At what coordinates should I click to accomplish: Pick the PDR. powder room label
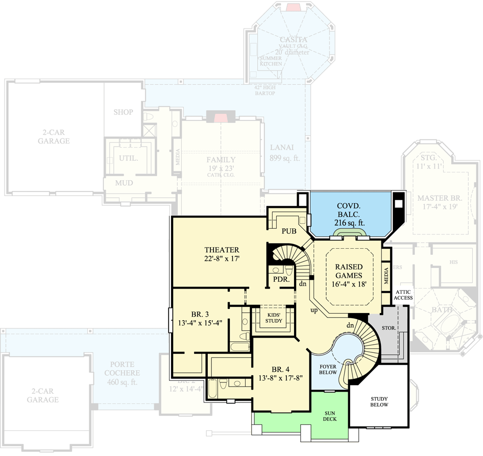[281, 280]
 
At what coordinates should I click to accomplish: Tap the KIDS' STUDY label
[274, 318]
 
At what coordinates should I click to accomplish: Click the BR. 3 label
[200, 314]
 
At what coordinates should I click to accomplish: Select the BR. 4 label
[281, 369]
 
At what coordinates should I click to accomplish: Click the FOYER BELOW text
[328, 370]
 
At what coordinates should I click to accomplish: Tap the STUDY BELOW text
[379, 401]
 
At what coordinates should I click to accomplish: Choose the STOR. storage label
[389, 328]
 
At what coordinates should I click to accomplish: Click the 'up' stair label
[314, 310]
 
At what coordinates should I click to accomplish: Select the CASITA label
[293, 40]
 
